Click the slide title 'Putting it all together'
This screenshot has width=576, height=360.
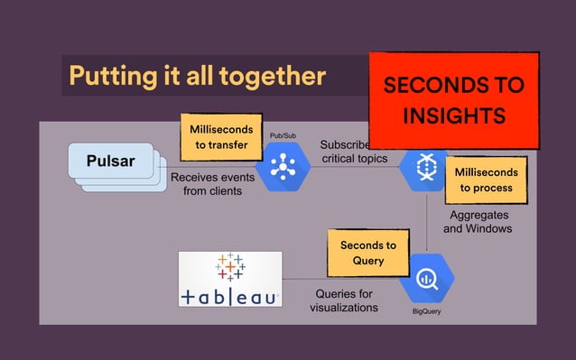click(197, 75)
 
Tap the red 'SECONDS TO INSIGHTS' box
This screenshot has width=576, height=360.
click(453, 100)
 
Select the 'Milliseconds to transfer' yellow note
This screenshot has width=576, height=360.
click(223, 136)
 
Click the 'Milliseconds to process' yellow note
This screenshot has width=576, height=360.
click(486, 180)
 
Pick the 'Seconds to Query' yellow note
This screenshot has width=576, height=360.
click(367, 253)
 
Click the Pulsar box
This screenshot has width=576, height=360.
click(111, 162)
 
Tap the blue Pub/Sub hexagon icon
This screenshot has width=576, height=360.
click(283, 167)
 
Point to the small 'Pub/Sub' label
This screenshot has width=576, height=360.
click(283, 136)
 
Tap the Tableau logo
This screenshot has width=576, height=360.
click(230, 279)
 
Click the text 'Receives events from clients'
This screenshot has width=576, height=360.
click(208, 184)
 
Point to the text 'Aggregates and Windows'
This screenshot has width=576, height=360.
click(478, 222)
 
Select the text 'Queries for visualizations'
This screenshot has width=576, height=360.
click(343, 300)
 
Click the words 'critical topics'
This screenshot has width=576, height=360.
click(355, 160)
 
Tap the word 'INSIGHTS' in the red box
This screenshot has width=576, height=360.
click(453, 116)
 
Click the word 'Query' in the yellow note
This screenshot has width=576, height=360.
click(368, 261)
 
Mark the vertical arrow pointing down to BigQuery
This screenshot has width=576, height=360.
click(425, 221)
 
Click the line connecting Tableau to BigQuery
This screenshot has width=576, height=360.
click(302, 278)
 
